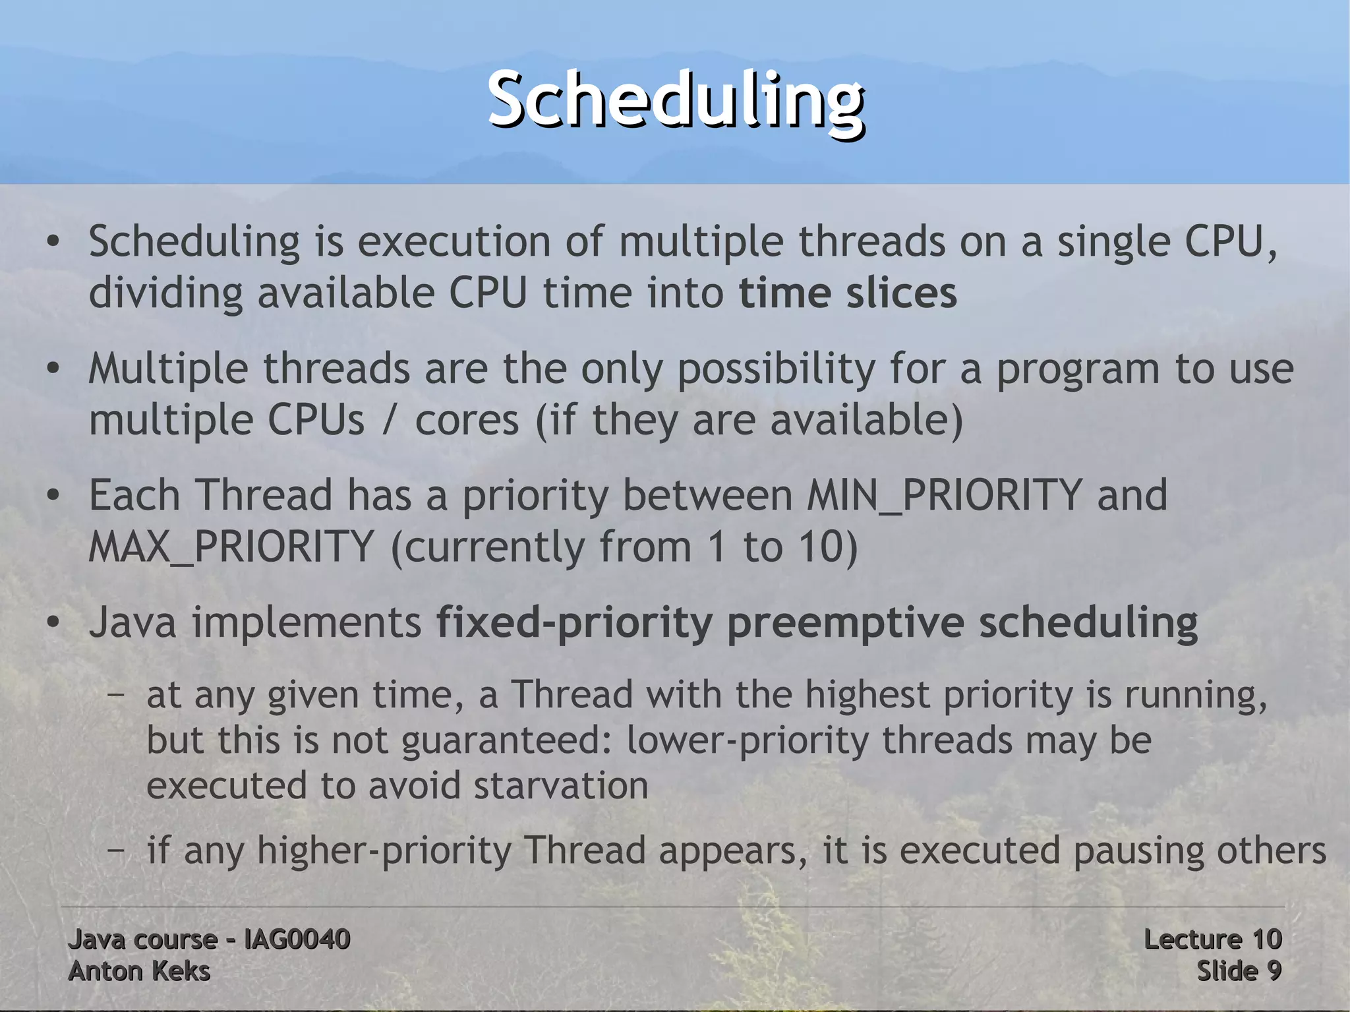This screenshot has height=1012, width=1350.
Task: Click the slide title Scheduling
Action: click(x=676, y=100)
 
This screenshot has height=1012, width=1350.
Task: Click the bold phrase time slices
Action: click(x=847, y=293)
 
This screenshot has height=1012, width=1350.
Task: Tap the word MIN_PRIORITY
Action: click(x=944, y=495)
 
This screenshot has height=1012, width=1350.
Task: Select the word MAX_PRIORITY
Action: click(x=231, y=547)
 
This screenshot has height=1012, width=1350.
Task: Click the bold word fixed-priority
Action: click(x=573, y=623)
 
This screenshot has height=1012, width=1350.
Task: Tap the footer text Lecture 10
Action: click(x=1212, y=939)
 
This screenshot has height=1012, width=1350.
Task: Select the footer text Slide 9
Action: click(x=1239, y=971)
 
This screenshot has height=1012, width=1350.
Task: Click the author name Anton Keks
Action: click(x=139, y=971)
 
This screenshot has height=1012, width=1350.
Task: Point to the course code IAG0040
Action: click(x=297, y=939)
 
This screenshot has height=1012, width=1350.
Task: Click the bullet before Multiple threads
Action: click(x=53, y=369)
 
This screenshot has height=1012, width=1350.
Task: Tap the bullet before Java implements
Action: click(x=53, y=622)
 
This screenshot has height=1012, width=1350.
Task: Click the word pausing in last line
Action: click(x=1140, y=851)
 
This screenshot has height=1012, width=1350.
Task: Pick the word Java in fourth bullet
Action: click(x=132, y=622)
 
